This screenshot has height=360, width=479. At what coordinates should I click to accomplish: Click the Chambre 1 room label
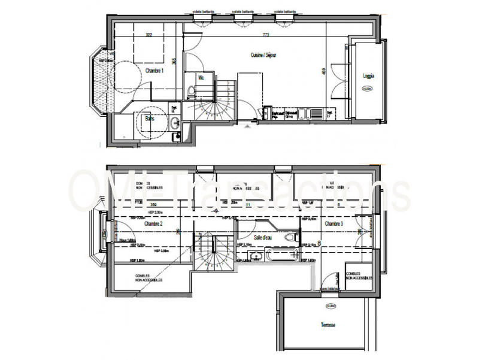tap(154, 70)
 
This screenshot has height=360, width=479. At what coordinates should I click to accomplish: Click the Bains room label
tap(149, 119)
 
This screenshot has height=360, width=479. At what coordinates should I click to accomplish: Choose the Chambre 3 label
tap(334, 223)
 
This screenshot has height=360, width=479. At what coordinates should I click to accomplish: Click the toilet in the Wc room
tap(190, 91)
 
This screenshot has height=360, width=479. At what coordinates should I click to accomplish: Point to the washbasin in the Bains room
tap(174, 123)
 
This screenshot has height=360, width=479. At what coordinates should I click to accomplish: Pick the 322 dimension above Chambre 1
tap(148, 35)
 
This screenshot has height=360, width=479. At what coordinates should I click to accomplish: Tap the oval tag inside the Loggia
tap(367, 89)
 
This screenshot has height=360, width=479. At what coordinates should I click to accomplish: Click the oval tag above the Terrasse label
tap(331, 306)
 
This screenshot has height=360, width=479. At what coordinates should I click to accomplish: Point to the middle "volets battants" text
tap(243, 10)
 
